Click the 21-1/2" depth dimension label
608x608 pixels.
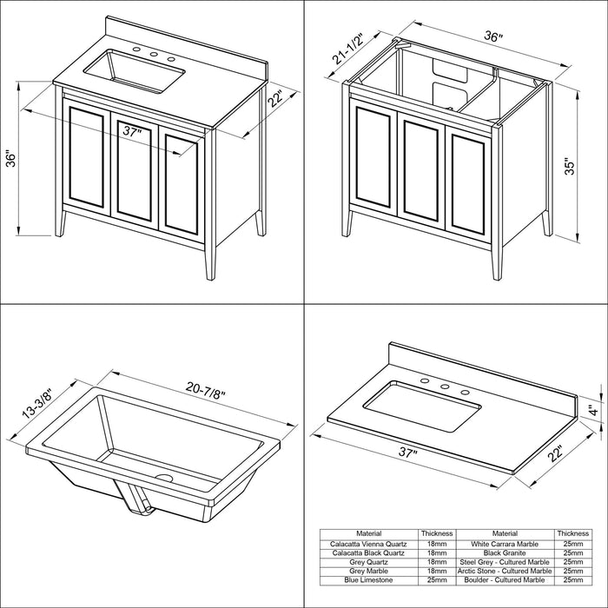[347, 49]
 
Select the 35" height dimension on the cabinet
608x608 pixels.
[569, 166]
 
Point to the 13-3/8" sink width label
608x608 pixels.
[36, 403]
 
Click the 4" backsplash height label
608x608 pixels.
[592, 409]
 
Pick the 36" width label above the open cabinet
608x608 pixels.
[493, 36]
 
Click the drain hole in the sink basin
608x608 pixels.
[164, 478]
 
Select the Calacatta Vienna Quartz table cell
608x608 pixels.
[368, 544]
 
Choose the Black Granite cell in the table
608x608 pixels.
[505, 553]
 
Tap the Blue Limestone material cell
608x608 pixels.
[368, 580]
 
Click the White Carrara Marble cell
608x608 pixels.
[505, 544]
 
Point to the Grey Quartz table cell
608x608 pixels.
[368, 562]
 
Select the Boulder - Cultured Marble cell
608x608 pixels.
[505, 580]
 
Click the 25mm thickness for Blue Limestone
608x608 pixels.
[437, 580]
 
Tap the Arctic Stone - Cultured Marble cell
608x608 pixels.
[505, 572]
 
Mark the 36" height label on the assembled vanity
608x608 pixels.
[10, 158]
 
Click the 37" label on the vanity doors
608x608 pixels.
[132, 131]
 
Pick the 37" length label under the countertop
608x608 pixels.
[406, 453]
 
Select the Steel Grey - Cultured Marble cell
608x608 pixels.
[505, 562]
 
